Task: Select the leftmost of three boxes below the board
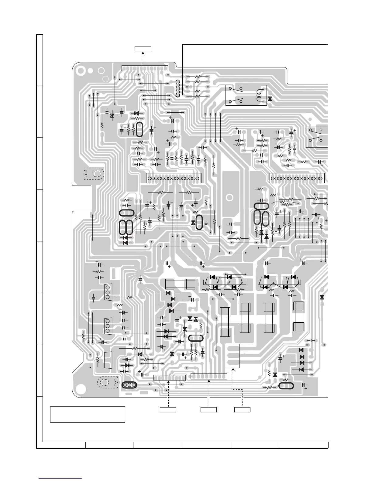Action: point(168,410)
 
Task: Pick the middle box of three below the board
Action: point(208,410)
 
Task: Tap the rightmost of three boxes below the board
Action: point(242,410)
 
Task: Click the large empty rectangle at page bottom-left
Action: point(88,414)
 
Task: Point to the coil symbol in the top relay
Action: point(259,95)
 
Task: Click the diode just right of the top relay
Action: point(270,99)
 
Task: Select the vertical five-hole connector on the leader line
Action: point(177,89)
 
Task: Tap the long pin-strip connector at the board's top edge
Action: point(145,68)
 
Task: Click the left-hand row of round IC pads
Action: point(174,178)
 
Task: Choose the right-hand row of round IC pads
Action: point(297,178)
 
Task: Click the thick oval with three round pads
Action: point(129,385)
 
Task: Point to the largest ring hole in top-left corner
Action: point(81,71)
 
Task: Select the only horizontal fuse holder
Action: point(180,284)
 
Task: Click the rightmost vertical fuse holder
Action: point(298,316)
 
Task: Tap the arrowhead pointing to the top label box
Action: point(143,53)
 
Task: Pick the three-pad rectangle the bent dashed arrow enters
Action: point(233,356)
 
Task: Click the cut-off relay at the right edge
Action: point(317,137)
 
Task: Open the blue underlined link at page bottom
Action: point(60,478)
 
